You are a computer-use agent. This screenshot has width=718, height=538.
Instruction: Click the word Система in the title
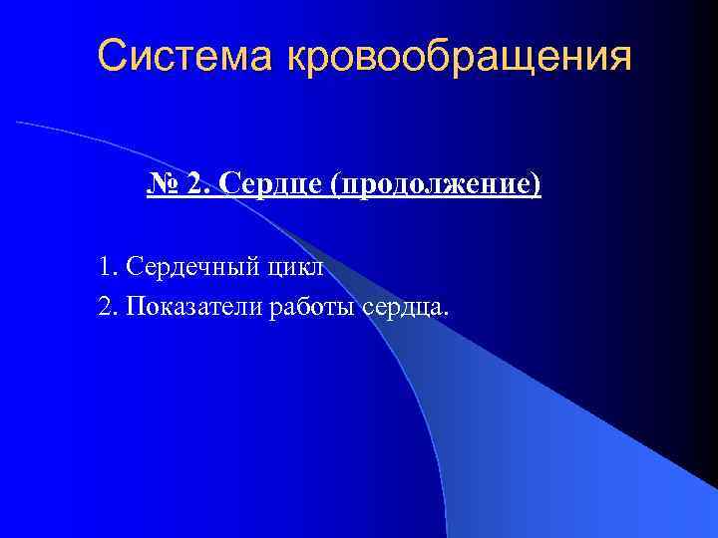click(x=186, y=56)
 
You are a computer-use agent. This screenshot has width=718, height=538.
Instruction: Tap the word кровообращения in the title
click(x=459, y=58)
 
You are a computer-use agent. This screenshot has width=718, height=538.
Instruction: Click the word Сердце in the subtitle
click(x=273, y=184)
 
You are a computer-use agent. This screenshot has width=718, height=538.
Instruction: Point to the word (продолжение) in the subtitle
click(x=439, y=186)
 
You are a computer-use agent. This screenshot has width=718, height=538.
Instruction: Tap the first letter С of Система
click(x=112, y=56)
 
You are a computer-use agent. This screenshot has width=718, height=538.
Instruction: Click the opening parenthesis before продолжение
click(x=341, y=186)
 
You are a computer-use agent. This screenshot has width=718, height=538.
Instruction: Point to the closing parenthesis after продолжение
click(x=537, y=186)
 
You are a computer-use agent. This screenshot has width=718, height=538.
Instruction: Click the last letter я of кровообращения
click(x=621, y=58)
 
